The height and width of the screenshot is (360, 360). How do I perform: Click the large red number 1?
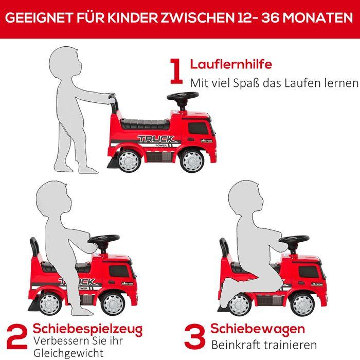point(176,71)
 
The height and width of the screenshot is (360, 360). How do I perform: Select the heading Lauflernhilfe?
point(231,65)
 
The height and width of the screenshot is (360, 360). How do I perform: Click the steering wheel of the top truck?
point(183,97)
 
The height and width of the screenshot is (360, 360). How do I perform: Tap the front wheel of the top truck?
point(193,160)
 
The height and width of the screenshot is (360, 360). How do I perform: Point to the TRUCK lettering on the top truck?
point(156,139)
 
